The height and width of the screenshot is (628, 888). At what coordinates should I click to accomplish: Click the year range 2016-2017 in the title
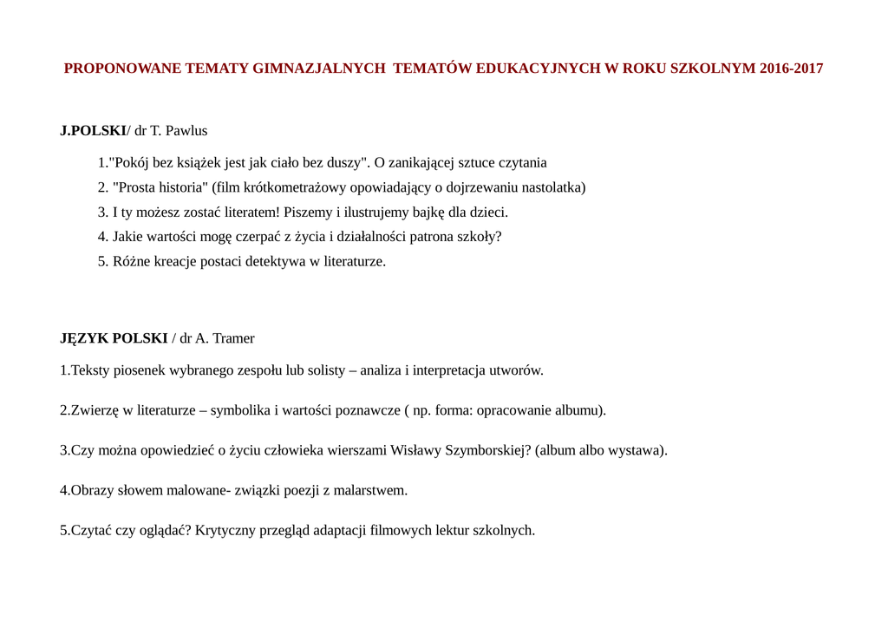click(791, 69)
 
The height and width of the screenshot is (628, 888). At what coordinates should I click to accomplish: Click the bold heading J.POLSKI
click(93, 131)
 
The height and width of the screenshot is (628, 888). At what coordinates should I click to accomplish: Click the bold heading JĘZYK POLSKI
click(114, 338)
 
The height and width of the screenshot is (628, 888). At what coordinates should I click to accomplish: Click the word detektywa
click(262, 261)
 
